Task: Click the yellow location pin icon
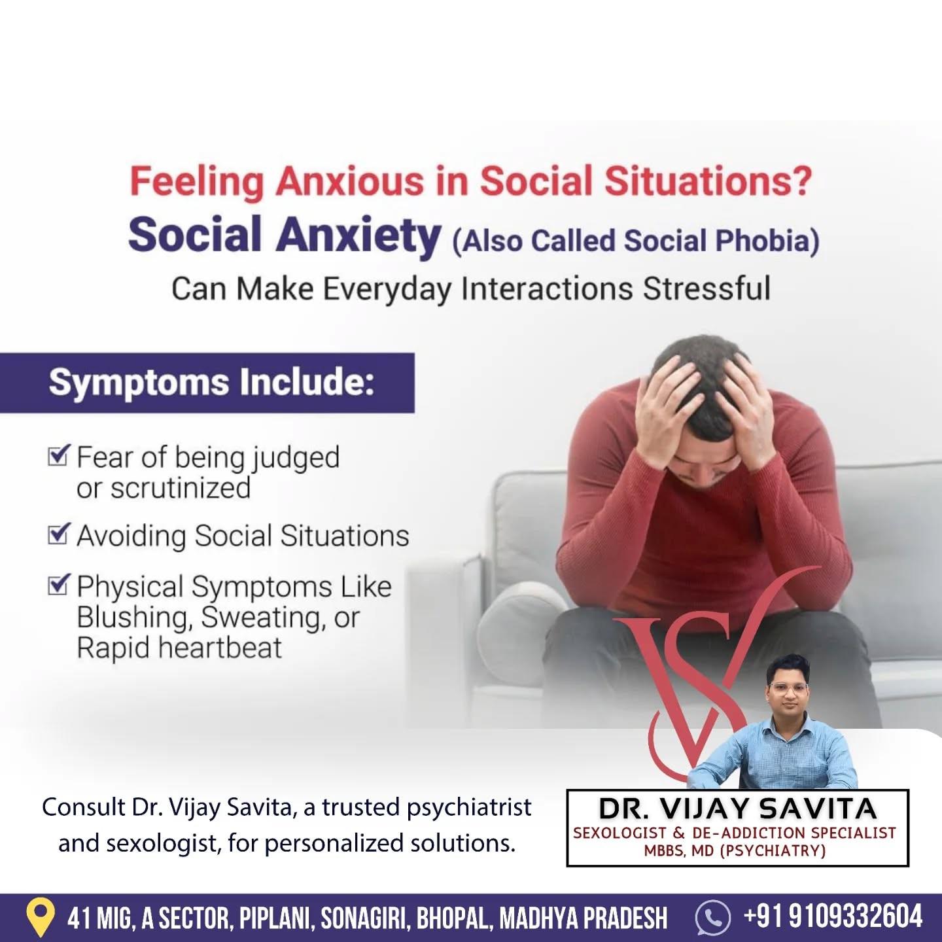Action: pyautogui.click(x=39, y=918)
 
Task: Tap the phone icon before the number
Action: pyautogui.click(x=713, y=918)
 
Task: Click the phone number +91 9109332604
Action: pyautogui.click(x=833, y=916)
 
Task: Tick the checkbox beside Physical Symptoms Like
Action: pyautogui.click(x=59, y=584)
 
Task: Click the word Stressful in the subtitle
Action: pyautogui.click(x=706, y=288)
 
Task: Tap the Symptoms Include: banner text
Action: pyautogui.click(x=212, y=382)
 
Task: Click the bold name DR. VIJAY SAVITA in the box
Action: pyautogui.click(x=737, y=809)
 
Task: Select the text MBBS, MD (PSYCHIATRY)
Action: pyautogui.click(x=735, y=851)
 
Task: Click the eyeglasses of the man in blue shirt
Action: pyautogui.click(x=788, y=688)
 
